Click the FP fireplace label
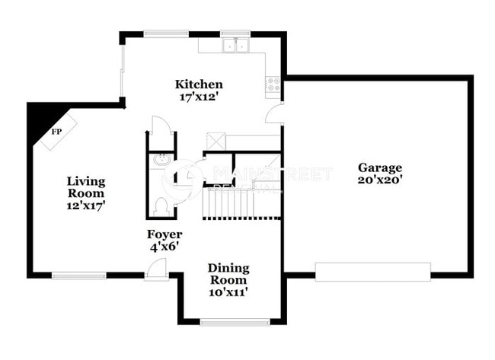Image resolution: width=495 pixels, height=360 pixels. [x=56, y=132]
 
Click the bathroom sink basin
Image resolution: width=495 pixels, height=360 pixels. [x=161, y=160]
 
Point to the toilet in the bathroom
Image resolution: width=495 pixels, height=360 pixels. [x=161, y=205]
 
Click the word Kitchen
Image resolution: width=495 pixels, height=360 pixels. [x=199, y=84]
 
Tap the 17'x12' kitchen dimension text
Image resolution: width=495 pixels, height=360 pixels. [x=199, y=97]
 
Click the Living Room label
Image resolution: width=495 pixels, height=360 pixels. [x=85, y=187]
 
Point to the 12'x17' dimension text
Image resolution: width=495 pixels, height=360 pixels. [x=85, y=205]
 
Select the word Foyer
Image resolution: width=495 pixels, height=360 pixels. [x=164, y=234]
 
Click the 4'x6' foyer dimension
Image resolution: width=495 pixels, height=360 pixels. [x=164, y=247]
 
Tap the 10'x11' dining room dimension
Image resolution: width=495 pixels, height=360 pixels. [x=228, y=292]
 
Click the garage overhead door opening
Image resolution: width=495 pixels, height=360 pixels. [x=373, y=272]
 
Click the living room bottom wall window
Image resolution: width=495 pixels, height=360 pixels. [x=79, y=275]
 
